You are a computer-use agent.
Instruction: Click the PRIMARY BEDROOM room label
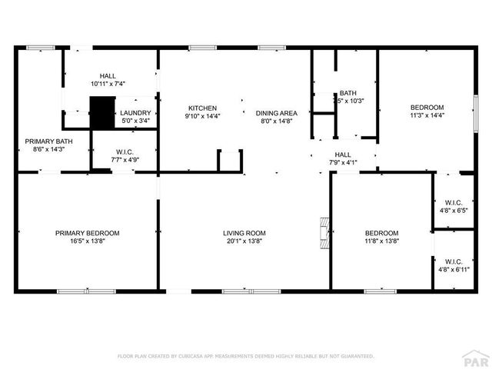click(x=87, y=233)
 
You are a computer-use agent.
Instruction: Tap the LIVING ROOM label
click(x=244, y=233)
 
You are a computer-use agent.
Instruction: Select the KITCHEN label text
click(x=201, y=108)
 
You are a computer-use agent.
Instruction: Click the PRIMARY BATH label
click(x=48, y=141)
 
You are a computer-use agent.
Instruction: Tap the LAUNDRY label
click(x=136, y=113)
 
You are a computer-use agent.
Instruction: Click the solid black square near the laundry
click(x=101, y=112)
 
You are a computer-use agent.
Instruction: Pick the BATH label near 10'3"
click(x=348, y=93)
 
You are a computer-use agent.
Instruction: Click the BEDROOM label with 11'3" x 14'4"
click(x=426, y=107)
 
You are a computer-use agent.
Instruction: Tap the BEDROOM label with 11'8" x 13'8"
click(x=381, y=233)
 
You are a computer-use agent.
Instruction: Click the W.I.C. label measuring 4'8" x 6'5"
click(x=453, y=201)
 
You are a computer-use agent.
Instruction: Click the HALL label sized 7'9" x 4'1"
click(x=343, y=155)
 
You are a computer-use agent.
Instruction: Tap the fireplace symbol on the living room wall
click(x=325, y=228)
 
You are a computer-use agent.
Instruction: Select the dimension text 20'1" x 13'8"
click(x=244, y=241)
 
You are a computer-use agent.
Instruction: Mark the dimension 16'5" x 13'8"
click(x=87, y=241)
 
